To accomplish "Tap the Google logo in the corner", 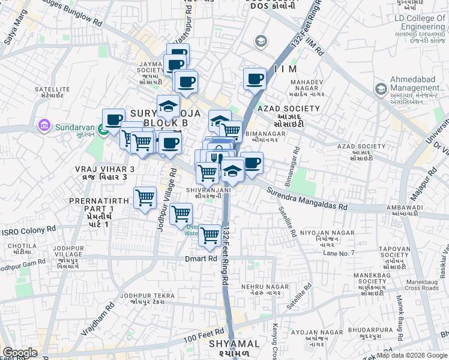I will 20,352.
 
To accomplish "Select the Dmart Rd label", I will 200,259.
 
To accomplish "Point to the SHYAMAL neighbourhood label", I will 235,344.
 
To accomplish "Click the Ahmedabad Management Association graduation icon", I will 381,90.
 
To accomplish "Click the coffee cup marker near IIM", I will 255,79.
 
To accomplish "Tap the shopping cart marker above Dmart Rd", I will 209,235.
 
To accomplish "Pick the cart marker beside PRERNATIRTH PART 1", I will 145,197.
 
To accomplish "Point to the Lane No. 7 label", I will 339,253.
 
